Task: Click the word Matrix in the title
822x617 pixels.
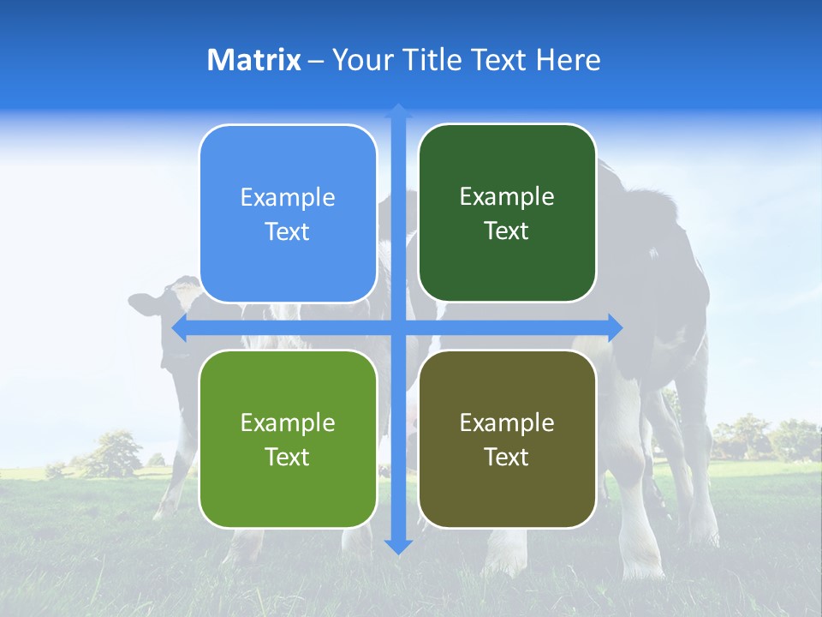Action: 254,60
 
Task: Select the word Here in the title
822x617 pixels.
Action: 569,60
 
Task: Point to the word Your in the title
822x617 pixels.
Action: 360,60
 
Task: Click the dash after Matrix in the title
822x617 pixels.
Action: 316,61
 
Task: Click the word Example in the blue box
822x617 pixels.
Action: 288,198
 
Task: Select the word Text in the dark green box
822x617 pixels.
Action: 506,231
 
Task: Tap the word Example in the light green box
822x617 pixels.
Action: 288,423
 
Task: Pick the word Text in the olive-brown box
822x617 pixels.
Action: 506,457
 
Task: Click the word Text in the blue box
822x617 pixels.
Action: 287,232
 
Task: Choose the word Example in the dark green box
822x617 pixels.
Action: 507,197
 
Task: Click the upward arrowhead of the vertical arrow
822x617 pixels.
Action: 398,111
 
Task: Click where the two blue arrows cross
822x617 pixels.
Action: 398,327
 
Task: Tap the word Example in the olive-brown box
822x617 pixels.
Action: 507,423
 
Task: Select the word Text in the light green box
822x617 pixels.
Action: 287,457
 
